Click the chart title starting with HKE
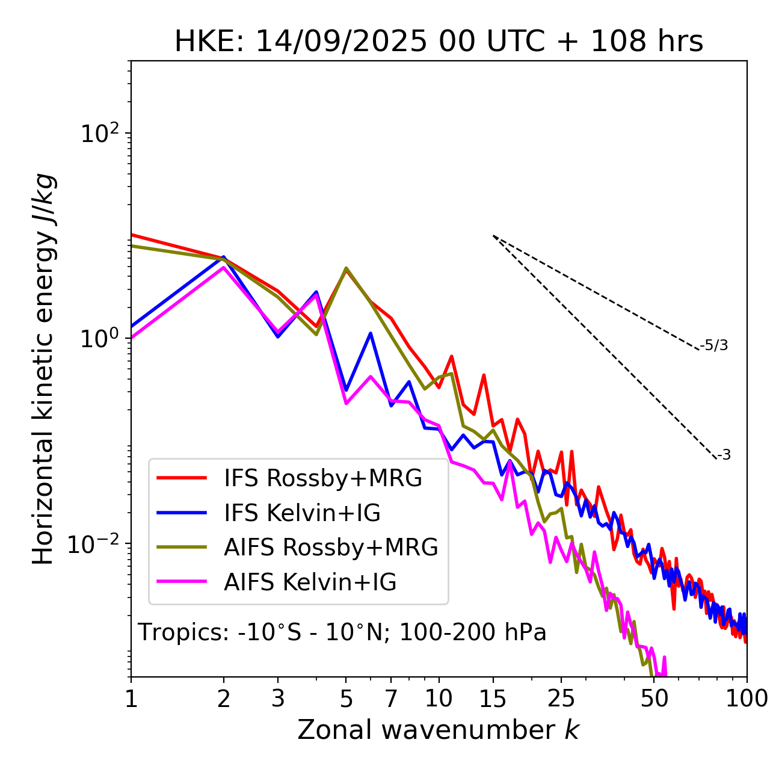[439, 42]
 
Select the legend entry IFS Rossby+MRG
[322, 478]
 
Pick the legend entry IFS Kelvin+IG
[302, 513]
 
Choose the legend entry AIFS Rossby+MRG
[331, 547]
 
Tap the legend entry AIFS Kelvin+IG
[310, 582]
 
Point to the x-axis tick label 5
[346, 699]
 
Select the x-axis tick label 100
[747, 699]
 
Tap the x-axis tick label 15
[493, 699]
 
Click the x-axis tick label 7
[391, 699]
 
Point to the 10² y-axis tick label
[100, 133]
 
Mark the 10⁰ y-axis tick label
[100, 338]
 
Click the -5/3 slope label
[714, 345]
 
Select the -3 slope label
[724, 455]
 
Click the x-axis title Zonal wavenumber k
[439, 730]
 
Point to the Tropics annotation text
[342, 632]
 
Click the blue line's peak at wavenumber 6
[371, 333]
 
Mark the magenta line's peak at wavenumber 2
[224, 267]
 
